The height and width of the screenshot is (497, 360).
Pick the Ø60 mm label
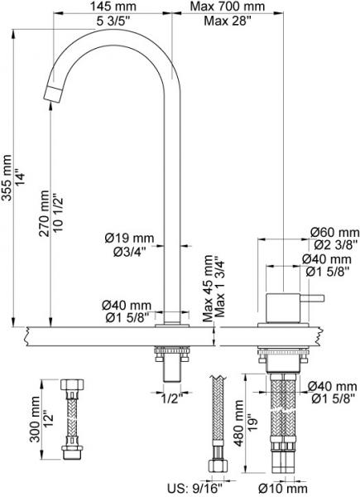point(334,232)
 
